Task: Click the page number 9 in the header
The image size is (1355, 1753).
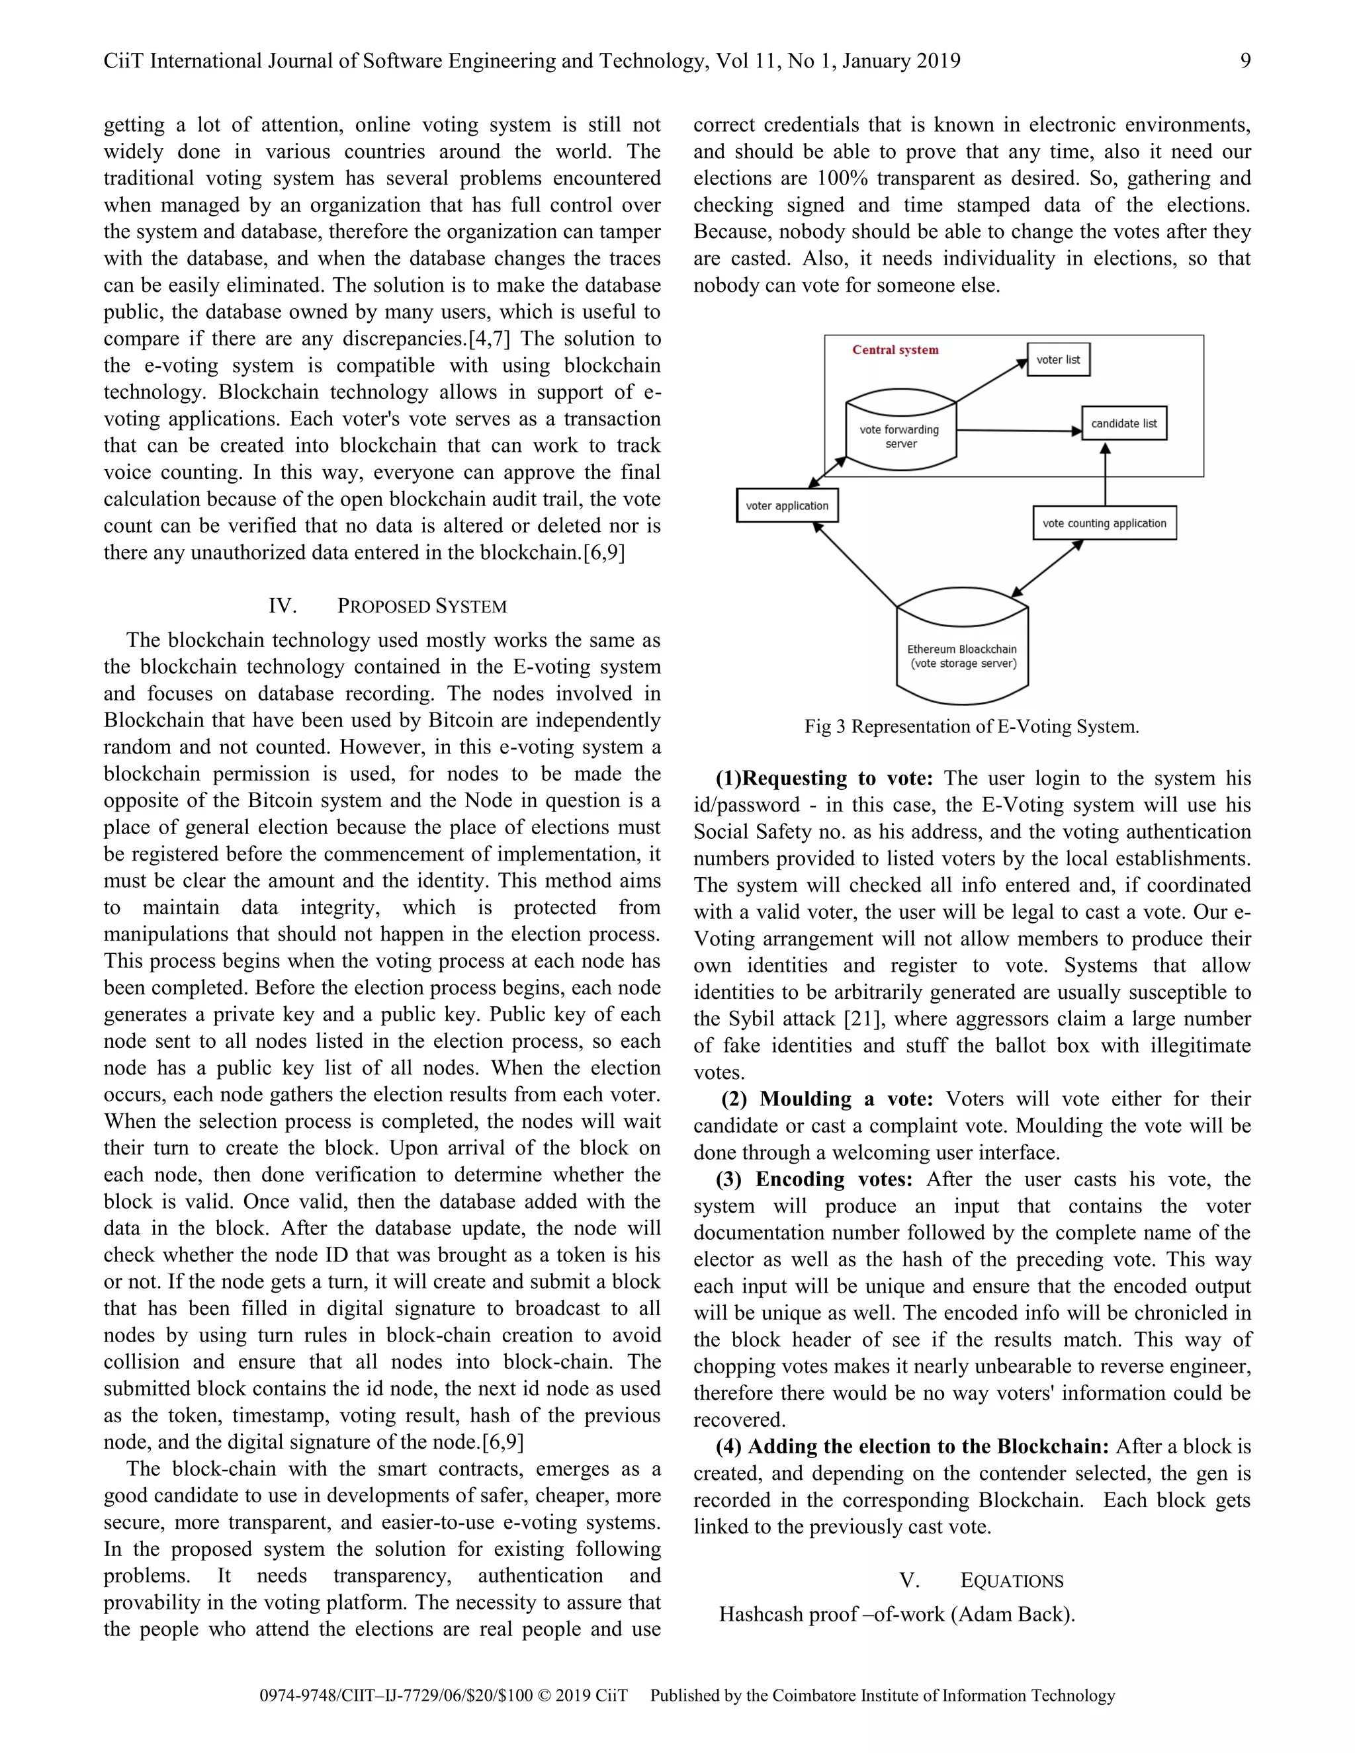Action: (1245, 61)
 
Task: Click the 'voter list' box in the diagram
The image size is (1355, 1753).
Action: (1058, 360)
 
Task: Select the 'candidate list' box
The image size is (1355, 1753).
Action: (1124, 424)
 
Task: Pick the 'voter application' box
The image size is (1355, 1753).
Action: (787, 505)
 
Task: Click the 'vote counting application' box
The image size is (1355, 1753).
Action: (1104, 523)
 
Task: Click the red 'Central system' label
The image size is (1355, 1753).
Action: (895, 350)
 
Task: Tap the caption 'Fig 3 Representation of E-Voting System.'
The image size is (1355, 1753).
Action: (971, 726)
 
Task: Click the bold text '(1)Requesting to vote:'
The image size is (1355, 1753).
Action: (824, 779)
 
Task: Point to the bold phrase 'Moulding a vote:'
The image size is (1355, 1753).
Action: (846, 1099)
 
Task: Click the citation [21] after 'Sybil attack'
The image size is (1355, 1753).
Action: (863, 1019)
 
